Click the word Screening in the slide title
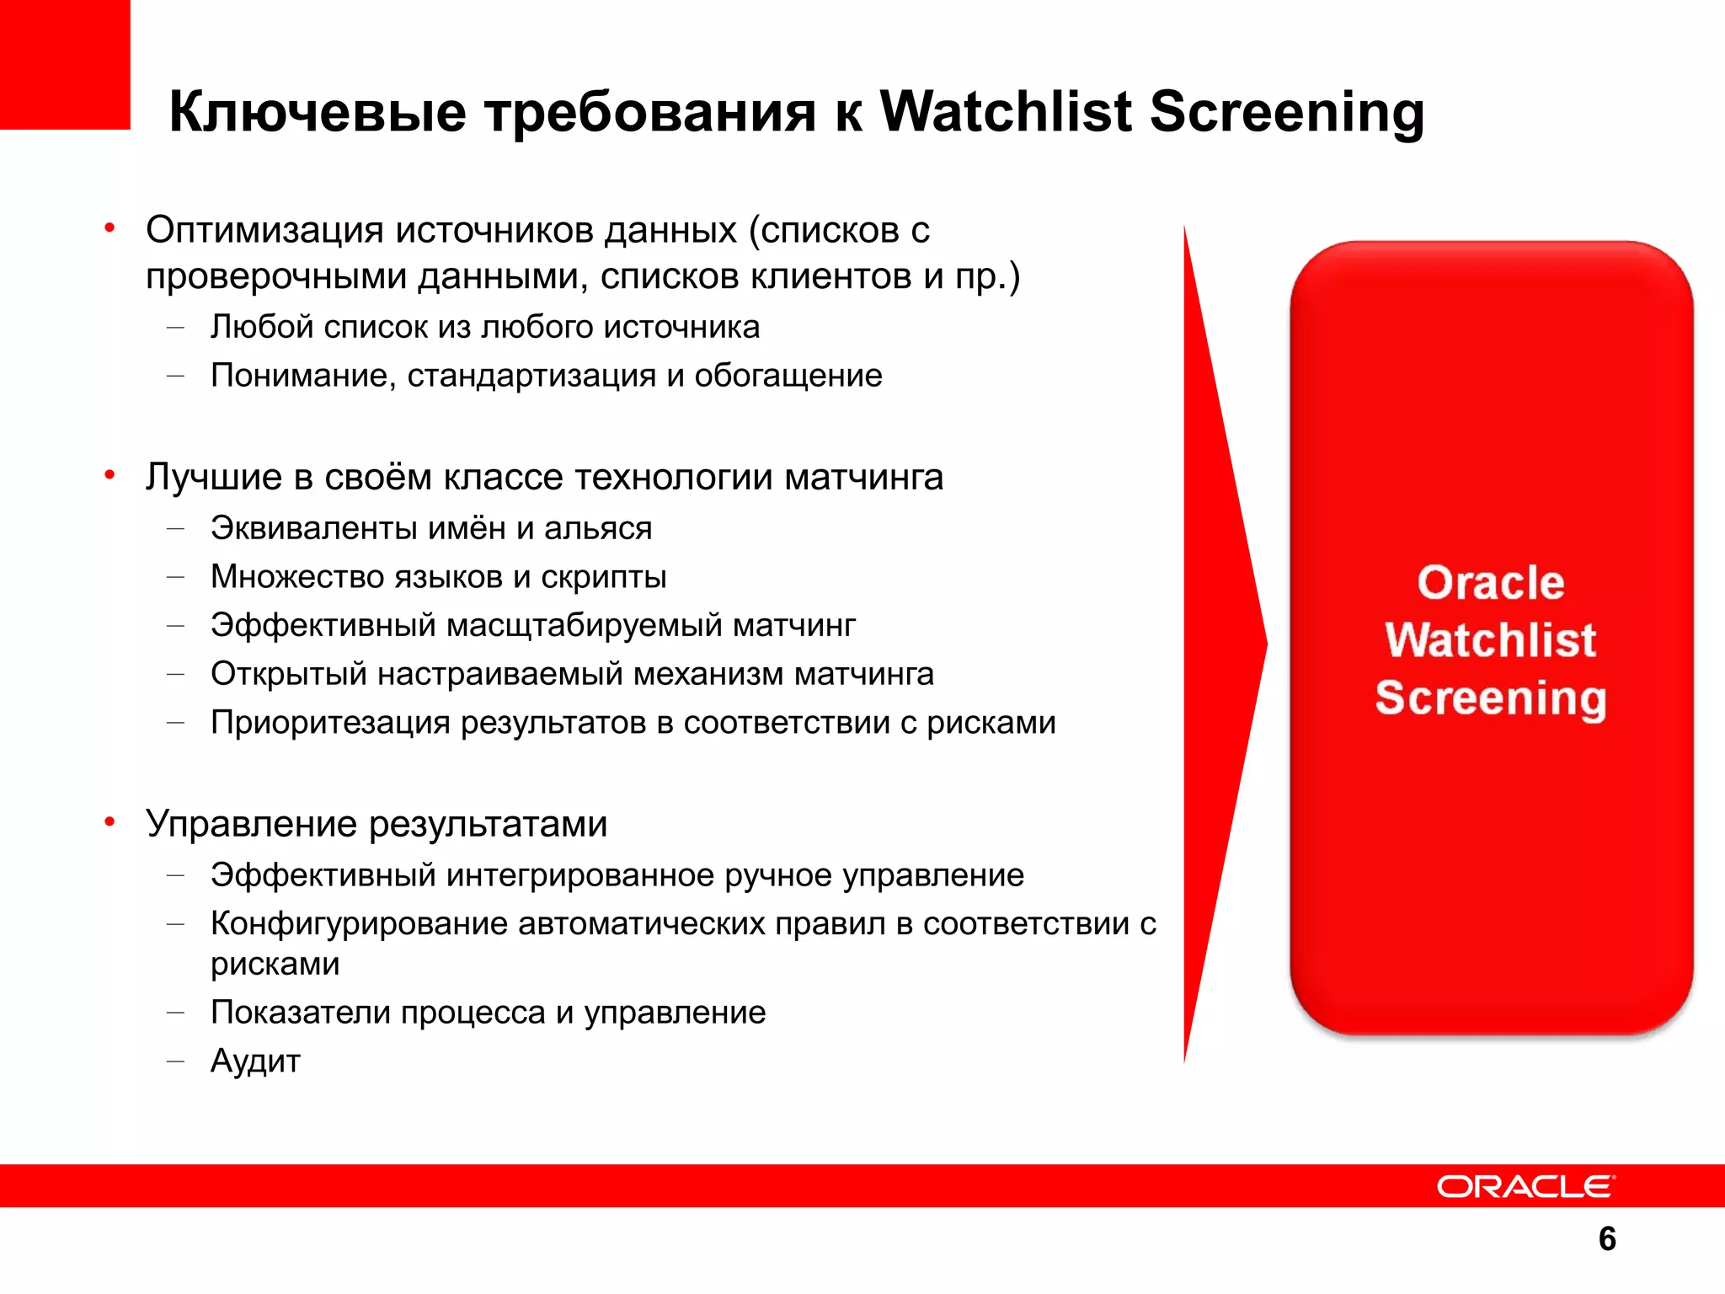pos(1286,112)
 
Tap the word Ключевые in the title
pos(318,112)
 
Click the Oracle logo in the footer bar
pos(1525,1186)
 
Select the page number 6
pos(1607,1239)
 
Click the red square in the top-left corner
pos(65,64)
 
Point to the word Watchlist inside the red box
pos(1490,639)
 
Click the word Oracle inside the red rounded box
pos(1490,582)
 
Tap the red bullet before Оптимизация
pos(109,228)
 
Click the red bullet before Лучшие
pos(109,476)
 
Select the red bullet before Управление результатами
pos(109,822)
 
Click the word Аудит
pos(255,1061)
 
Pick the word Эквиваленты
pos(313,528)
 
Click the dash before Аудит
pos(175,1061)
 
